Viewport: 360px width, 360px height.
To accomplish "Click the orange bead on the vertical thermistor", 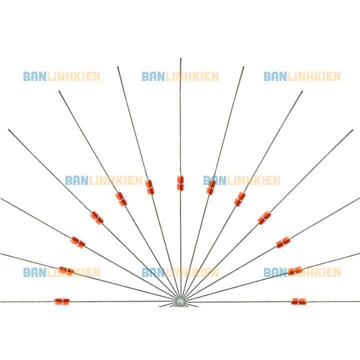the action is point(180,182).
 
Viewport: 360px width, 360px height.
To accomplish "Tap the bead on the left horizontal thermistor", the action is point(62,301).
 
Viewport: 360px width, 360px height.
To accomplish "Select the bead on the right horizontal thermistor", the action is point(298,301).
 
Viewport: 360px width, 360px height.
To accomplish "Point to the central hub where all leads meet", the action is point(180,300).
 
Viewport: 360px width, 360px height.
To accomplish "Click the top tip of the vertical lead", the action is point(180,59).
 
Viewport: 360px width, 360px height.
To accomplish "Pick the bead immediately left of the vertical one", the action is point(149,186).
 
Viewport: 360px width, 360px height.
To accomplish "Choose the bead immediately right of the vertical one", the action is point(211,187).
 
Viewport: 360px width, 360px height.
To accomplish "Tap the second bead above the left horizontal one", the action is point(77,242).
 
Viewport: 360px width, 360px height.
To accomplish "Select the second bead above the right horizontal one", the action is point(283,242).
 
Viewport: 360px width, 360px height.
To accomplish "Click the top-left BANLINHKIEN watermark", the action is point(61,76).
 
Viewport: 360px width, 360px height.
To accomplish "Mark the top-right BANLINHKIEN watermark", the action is point(302,76).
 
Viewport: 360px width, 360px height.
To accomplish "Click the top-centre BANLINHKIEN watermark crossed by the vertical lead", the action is point(180,76).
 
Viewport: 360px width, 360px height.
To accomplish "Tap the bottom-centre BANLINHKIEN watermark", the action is point(180,272).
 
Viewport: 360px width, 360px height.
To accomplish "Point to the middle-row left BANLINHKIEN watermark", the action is point(103,180).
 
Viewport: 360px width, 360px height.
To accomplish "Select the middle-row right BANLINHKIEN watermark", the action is point(242,180).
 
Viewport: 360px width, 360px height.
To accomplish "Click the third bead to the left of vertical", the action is point(96,217).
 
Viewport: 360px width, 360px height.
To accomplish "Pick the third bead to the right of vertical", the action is point(264,217).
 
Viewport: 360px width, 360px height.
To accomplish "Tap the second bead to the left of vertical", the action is point(121,198).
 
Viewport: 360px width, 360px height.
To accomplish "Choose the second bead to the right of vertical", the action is point(239,199).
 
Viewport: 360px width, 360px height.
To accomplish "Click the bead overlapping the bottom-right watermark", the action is point(294,271).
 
